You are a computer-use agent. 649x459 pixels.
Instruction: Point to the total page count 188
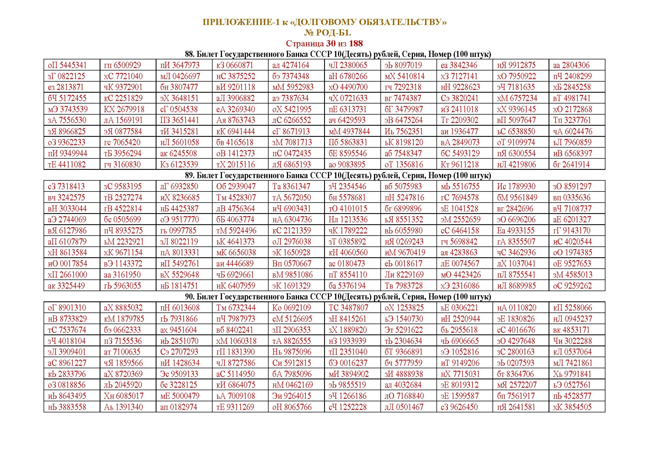(356, 44)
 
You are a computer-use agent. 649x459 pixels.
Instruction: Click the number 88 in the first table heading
(189, 54)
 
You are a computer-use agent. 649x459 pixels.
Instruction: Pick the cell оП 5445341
(67, 65)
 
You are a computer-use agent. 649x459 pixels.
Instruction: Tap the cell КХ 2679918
(124, 109)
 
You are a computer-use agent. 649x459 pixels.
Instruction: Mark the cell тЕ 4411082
(67, 165)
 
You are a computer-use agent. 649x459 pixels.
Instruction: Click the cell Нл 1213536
(348, 220)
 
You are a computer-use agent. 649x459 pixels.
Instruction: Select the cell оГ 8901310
(67, 308)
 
